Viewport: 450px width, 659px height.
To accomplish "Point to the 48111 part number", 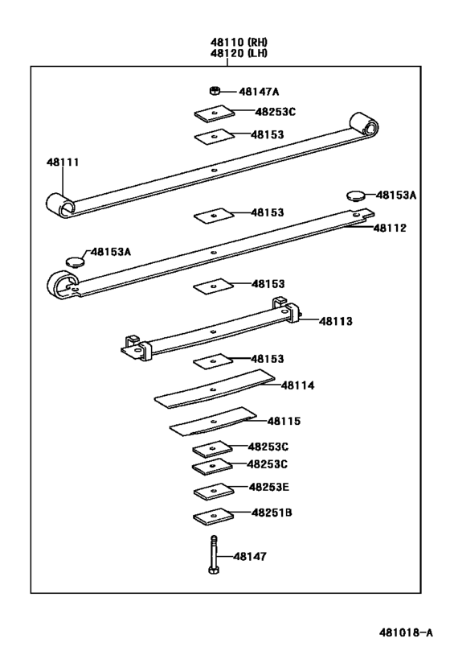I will click(x=62, y=163).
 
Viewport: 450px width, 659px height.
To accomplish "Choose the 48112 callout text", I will click(x=390, y=228).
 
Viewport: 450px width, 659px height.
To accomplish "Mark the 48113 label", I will click(x=336, y=320).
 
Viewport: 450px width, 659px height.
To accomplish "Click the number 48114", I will click(x=297, y=385).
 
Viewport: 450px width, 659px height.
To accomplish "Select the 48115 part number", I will click(x=284, y=421).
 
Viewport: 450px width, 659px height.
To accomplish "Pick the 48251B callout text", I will click(x=272, y=512).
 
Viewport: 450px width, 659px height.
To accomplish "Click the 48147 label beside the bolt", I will click(x=250, y=556).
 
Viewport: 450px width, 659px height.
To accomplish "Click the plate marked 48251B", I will click(x=213, y=516).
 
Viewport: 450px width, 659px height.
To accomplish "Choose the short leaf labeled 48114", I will click(x=214, y=390).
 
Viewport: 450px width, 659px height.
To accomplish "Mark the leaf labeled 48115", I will click(x=213, y=420).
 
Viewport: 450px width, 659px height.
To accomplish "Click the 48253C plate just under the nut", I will click(x=214, y=113).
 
